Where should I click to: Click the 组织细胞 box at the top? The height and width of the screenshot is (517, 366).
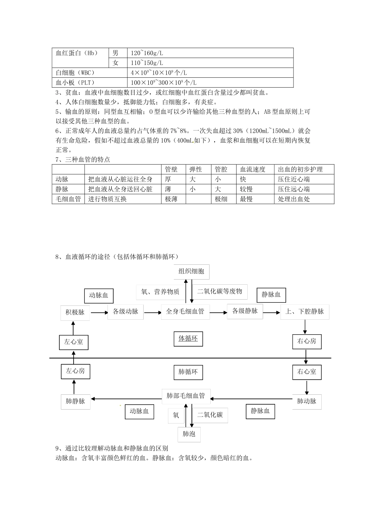click(191, 272)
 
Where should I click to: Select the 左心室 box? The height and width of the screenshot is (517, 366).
click(74, 342)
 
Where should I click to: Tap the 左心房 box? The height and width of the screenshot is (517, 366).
click(76, 371)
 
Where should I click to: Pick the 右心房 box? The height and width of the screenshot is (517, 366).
click(307, 341)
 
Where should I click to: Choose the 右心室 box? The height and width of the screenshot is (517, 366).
click(307, 372)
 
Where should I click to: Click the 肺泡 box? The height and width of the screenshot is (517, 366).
click(189, 434)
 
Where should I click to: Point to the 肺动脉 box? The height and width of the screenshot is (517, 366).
click(307, 401)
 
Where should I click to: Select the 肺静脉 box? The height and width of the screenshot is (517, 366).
click(76, 401)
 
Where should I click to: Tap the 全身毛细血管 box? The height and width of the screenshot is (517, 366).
click(185, 311)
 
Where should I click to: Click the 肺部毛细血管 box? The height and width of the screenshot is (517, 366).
click(186, 396)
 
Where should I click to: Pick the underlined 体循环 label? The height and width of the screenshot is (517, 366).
click(188, 339)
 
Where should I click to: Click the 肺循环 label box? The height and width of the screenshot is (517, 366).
click(188, 372)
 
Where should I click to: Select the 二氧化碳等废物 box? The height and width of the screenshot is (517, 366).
click(220, 292)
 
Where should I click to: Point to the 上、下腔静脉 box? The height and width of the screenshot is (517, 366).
click(305, 312)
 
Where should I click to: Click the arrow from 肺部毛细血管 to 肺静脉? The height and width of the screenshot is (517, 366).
click(127, 399)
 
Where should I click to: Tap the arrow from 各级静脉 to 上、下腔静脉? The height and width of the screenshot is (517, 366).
click(272, 312)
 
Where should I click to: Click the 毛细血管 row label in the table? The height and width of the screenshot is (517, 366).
click(68, 199)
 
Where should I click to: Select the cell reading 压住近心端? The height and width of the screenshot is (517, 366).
click(294, 179)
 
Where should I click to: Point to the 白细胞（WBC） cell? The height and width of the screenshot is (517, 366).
click(75, 73)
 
